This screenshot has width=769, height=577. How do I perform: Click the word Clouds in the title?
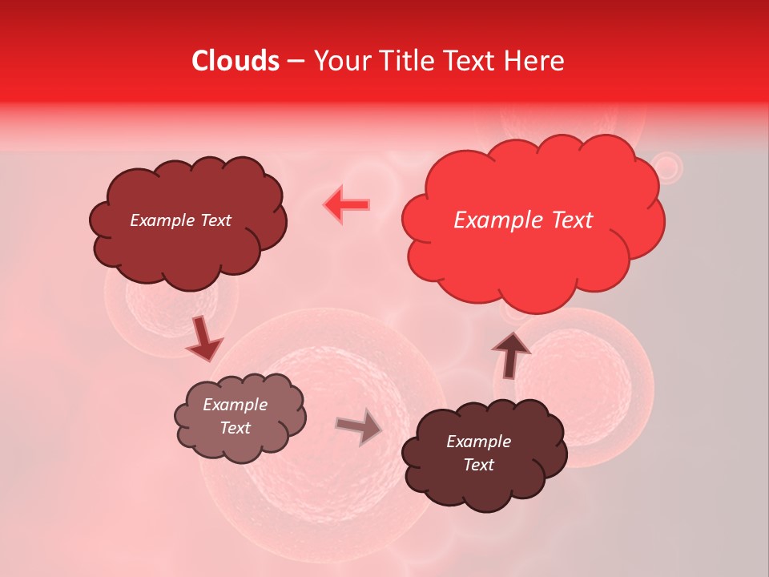[236, 61]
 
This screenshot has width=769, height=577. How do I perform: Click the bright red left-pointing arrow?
[347, 204]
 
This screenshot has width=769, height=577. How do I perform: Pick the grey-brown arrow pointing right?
[359, 427]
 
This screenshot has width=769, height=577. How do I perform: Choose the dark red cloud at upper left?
[187, 240]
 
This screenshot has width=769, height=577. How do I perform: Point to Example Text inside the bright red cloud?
[523, 220]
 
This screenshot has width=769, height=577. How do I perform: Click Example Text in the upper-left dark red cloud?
[180, 220]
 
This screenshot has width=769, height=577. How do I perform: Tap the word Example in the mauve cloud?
[235, 405]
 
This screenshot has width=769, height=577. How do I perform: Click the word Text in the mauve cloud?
[235, 428]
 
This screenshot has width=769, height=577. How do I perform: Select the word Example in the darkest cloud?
[478, 442]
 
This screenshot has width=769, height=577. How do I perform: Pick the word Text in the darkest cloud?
[478, 465]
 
